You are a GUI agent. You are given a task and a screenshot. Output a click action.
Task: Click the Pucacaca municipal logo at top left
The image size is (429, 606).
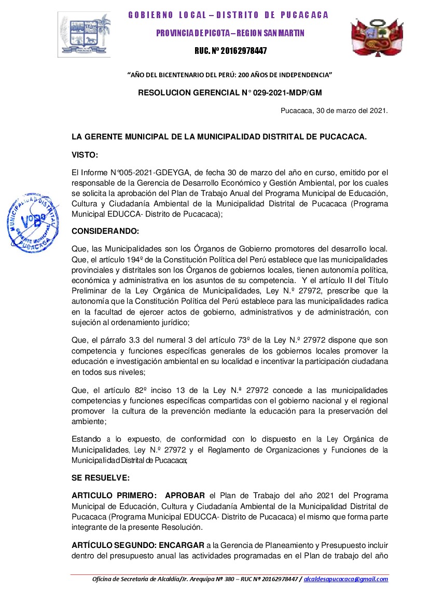click(84, 34)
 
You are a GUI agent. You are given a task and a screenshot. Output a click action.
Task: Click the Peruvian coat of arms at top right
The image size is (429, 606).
click(376, 38)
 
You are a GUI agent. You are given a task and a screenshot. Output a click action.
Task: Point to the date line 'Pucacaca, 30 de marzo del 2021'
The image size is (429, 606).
click(334, 110)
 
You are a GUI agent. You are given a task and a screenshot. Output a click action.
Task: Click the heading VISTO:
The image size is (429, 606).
click(85, 154)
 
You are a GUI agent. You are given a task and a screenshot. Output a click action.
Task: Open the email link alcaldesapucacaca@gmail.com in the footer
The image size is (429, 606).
click(346, 579)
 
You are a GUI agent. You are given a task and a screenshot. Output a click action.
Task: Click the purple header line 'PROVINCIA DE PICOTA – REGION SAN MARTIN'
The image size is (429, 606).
click(230, 33)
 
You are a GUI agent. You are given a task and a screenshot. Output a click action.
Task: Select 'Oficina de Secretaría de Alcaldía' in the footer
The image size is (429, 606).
click(135, 579)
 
